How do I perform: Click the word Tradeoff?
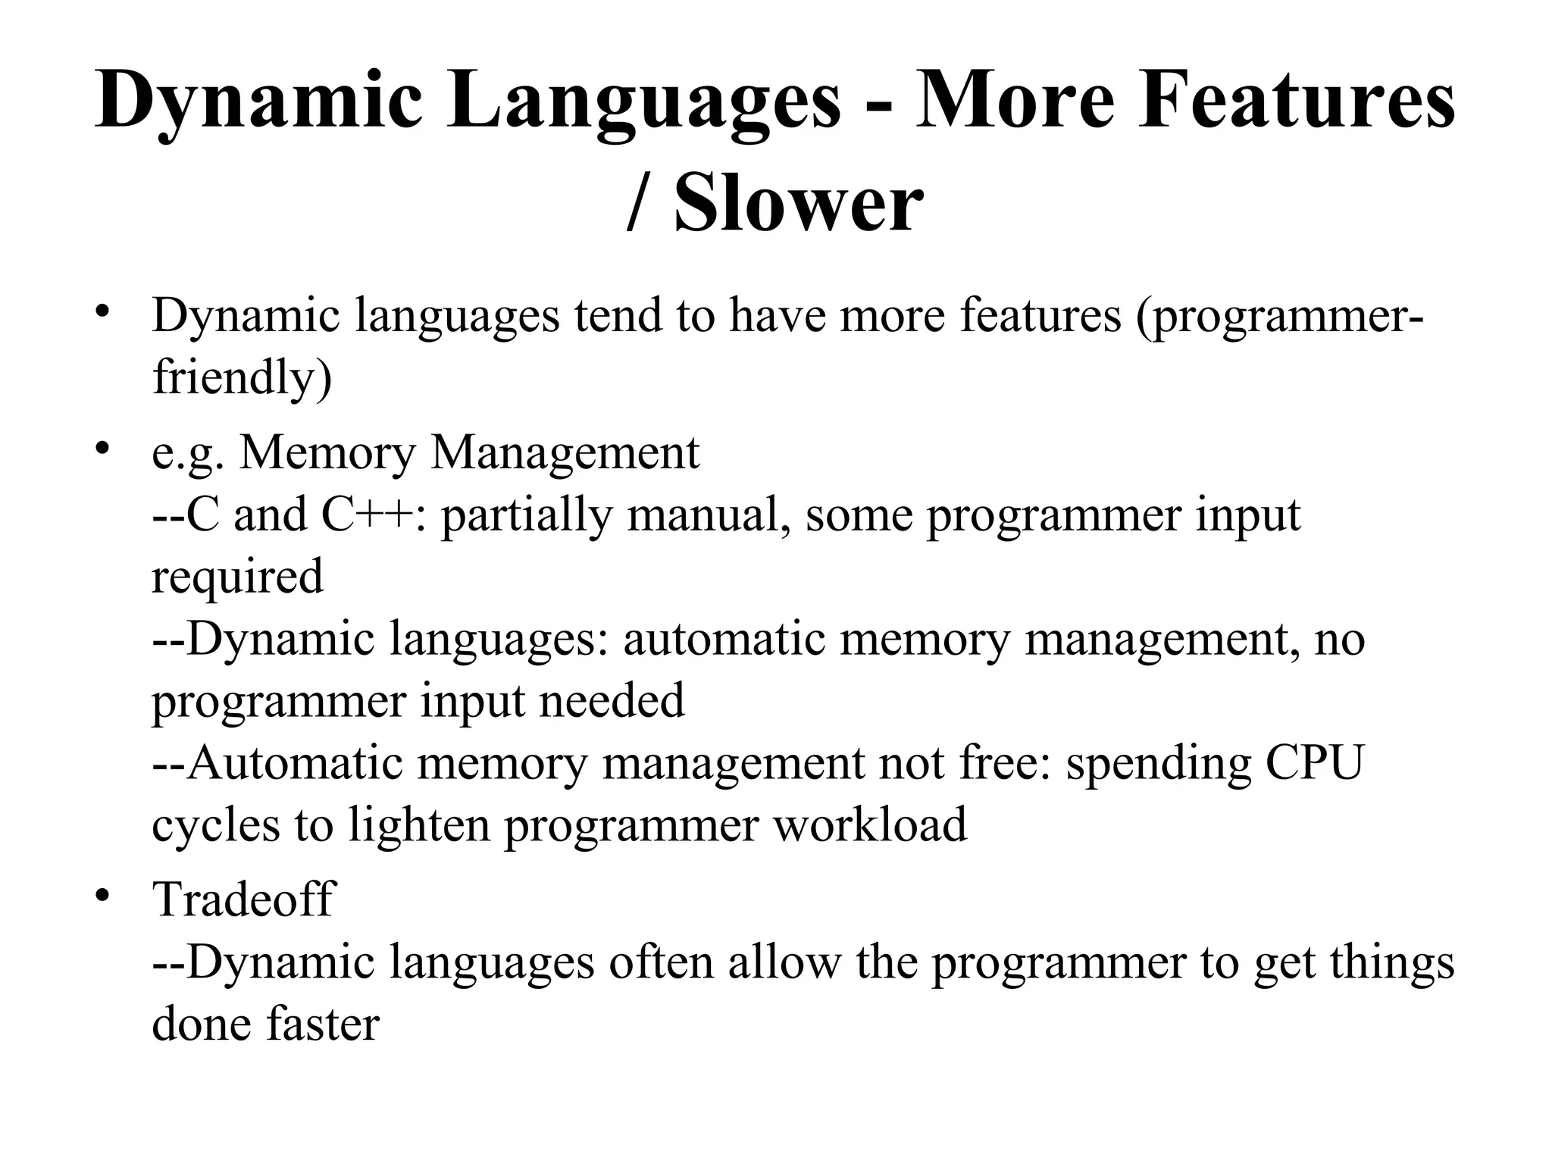[x=243, y=900]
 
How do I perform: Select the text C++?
[x=368, y=515]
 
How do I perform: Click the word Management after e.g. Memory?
[x=565, y=453]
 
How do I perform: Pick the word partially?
[x=526, y=516]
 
